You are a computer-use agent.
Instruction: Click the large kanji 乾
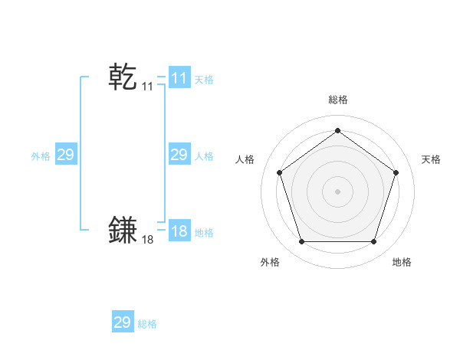[123, 77]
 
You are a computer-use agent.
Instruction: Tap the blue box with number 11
[179, 78]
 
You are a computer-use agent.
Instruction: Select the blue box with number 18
[179, 232]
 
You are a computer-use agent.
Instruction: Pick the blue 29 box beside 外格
[65, 155]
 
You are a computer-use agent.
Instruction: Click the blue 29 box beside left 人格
[179, 155]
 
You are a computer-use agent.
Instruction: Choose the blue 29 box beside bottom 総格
[123, 322]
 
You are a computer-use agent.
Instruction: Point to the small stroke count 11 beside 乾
[148, 87]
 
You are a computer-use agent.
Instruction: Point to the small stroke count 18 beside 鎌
[148, 240]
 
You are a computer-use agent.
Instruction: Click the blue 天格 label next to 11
[204, 80]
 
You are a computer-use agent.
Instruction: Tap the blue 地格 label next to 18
[204, 233]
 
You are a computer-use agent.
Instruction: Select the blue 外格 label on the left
[41, 156]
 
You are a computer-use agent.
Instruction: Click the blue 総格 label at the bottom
[147, 324]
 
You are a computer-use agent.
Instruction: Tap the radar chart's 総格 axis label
[337, 100]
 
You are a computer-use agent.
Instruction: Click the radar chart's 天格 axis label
[431, 159]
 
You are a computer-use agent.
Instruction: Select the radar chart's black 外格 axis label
[269, 262]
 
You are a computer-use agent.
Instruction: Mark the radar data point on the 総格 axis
[337, 130]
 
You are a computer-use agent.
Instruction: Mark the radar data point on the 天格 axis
[396, 172]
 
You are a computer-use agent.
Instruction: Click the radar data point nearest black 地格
[373, 241]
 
